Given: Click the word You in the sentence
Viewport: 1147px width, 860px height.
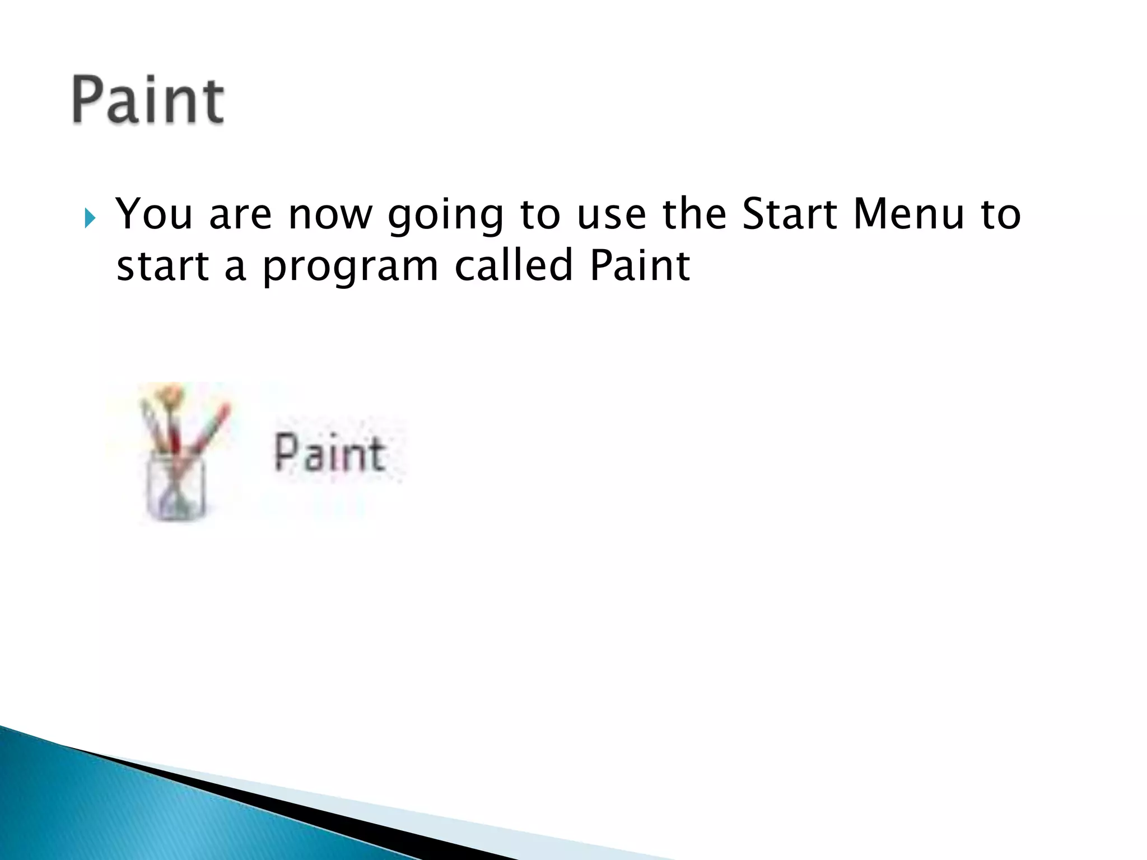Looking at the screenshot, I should pyautogui.click(x=153, y=214).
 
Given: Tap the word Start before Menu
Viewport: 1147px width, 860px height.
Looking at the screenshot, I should pyautogui.click(x=789, y=214).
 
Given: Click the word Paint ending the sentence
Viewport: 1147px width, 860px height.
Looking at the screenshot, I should pyautogui.click(x=640, y=265).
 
